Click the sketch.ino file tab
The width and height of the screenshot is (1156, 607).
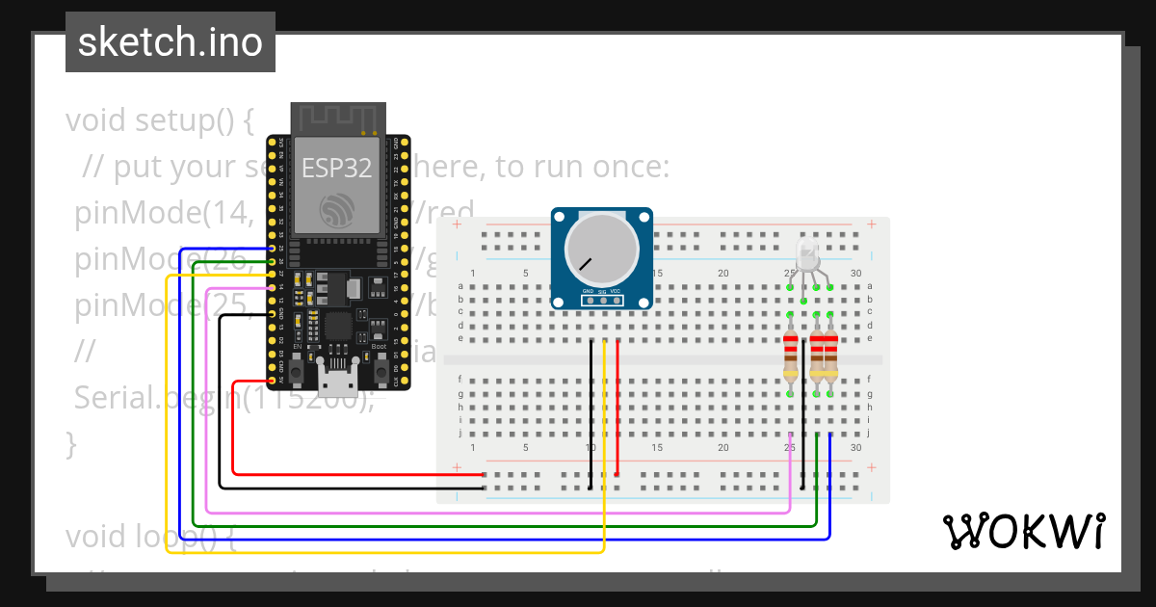pyautogui.click(x=171, y=42)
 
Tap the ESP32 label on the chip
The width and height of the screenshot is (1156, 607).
pyautogui.click(x=336, y=168)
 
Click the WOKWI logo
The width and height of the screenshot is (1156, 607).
pyautogui.click(x=1023, y=531)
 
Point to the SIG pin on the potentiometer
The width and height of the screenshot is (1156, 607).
pyautogui.click(x=603, y=300)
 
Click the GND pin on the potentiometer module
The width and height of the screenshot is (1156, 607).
pyautogui.click(x=589, y=300)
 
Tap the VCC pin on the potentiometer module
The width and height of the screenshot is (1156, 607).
pyautogui.click(x=617, y=300)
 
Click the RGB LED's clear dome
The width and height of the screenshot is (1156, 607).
pyautogui.click(x=807, y=255)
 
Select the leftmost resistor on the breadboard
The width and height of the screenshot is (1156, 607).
pyautogui.click(x=791, y=356)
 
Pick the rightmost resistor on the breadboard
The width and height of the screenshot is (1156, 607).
pyautogui.click(x=830, y=356)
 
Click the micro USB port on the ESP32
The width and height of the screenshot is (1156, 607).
pyautogui.click(x=338, y=383)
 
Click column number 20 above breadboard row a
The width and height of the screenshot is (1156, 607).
pyautogui.click(x=722, y=274)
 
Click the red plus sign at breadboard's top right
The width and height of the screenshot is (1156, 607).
pyautogui.click(x=871, y=224)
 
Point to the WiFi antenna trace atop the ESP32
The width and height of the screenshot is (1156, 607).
pyautogui.click(x=337, y=117)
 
